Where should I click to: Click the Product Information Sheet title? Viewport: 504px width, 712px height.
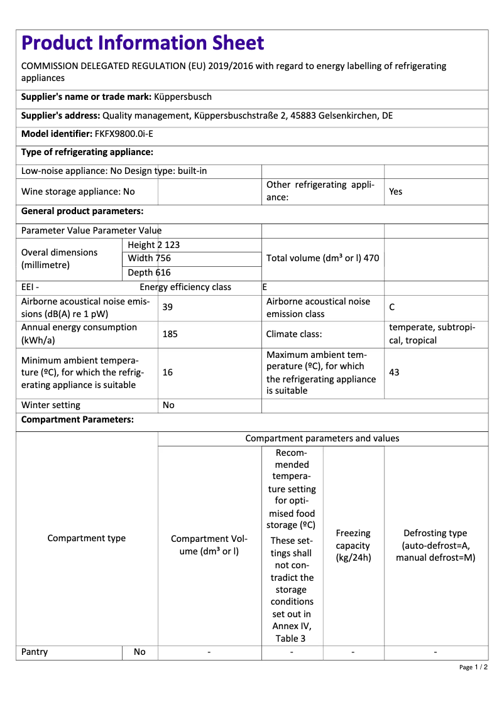(143, 43)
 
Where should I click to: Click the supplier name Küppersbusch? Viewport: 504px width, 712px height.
(183, 97)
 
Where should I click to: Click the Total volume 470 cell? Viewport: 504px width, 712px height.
(322, 258)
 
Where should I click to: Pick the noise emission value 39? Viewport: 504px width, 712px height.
(168, 308)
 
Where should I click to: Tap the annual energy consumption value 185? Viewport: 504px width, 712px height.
(170, 334)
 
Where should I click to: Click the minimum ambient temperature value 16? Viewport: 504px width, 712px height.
(168, 372)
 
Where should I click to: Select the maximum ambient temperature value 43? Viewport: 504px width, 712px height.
(394, 372)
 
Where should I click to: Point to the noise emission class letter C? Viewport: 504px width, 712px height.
(392, 308)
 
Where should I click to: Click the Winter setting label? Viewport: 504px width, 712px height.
(51, 405)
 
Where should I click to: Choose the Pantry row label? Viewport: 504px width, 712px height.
(35, 652)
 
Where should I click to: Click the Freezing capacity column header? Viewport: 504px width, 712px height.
(353, 545)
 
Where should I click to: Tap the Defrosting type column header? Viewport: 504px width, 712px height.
(436, 545)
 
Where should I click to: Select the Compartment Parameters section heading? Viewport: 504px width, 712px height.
(77, 420)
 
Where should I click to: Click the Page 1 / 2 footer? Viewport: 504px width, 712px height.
(473, 667)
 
